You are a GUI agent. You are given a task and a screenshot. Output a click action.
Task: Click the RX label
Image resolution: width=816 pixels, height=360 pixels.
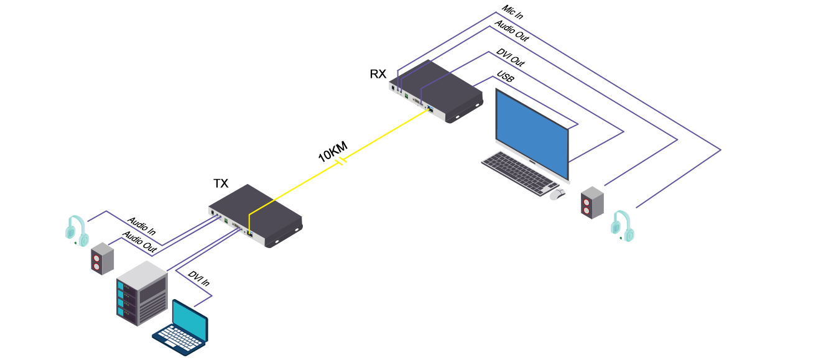tap(378, 74)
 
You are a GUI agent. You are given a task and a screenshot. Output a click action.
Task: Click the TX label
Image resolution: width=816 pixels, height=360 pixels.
tap(221, 183)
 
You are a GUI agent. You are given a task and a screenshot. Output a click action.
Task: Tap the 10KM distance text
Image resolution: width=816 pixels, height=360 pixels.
tap(332, 152)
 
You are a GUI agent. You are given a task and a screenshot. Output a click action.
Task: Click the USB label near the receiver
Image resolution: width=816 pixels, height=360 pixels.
tap(505, 80)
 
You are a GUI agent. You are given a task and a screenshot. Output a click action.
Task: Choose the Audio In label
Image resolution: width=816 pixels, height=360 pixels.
tap(142, 226)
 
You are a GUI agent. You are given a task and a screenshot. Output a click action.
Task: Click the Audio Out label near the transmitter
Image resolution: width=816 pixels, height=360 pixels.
tap(139, 242)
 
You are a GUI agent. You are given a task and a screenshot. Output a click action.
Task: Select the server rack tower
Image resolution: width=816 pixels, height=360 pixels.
tap(142, 292)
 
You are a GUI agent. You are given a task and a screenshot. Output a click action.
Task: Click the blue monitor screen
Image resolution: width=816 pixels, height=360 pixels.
tap(532, 134)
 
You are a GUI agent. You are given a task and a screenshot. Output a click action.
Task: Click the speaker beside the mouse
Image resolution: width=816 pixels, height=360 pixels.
tap(592, 202)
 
